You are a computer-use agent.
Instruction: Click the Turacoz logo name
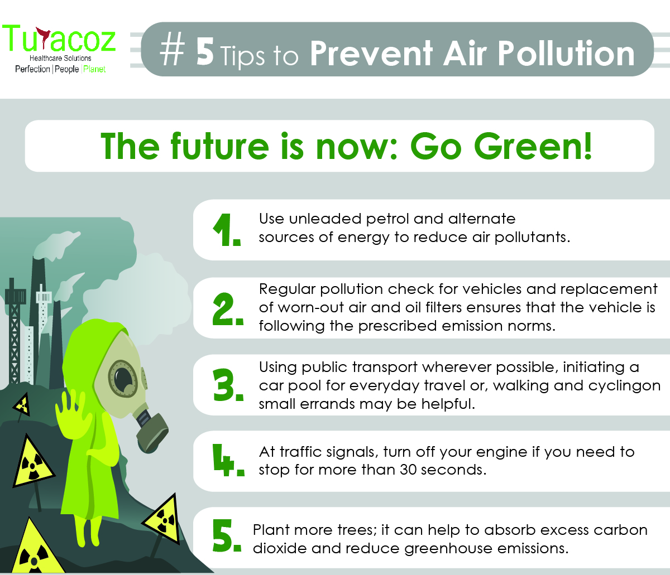(59, 39)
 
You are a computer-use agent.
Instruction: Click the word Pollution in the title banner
(566, 54)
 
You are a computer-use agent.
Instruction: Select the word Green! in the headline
(533, 146)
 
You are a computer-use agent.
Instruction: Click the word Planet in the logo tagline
(94, 69)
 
